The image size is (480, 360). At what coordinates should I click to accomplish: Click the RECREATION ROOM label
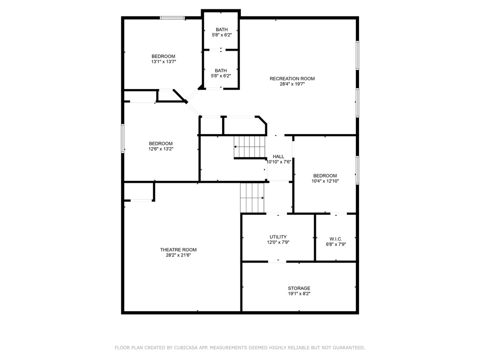click(292, 79)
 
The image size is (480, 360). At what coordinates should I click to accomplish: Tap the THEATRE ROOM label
click(178, 250)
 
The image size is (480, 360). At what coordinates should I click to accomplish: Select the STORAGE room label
click(299, 288)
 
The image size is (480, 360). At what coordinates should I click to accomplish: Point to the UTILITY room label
click(278, 237)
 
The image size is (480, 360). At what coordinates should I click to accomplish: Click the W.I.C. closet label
click(336, 239)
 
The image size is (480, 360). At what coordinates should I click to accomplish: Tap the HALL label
click(278, 157)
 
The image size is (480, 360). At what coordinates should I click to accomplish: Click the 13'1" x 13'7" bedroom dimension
click(164, 62)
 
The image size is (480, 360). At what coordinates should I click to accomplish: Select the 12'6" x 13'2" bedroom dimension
click(161, 149)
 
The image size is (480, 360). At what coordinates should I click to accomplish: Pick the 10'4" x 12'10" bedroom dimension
click(325, 181)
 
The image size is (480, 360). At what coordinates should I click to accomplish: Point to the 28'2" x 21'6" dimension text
click(179, 255)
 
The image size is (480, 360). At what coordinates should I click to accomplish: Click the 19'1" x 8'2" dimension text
click(299, 294)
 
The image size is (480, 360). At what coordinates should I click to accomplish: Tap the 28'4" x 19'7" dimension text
click(292, 84)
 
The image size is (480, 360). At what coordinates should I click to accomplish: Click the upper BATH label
click(222, 30)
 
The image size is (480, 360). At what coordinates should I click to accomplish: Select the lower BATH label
click(221, 71)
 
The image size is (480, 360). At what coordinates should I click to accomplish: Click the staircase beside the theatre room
click(252, 198)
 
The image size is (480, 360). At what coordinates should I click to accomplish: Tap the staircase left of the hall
click(250, 147)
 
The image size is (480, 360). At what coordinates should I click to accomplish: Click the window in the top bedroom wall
click(172, 18)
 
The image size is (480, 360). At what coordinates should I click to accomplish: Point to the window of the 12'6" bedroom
click(123, 138)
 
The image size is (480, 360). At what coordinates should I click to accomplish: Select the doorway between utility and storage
click(277, 262)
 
